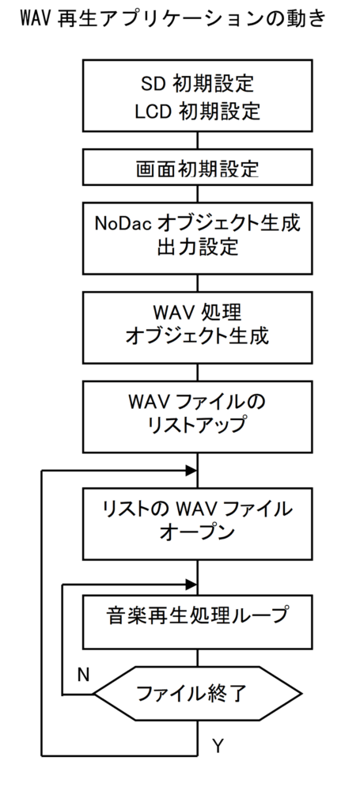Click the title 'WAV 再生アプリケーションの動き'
click(x=173, y=19)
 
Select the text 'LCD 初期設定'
click(x=197, y=112)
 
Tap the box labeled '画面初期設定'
click(x=197, y=167)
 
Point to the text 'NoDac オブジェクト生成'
click(x=197, y=224)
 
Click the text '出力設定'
click(x=197, y=247)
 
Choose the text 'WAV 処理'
click(x=197, y=312)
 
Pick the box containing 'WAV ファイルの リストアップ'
click(x=197, y=417)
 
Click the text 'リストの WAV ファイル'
click(x=197, y=509)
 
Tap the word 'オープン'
click(x=197, y=532)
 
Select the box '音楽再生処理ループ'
click(x=197, y=622)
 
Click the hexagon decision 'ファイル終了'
click(x=197, y=694)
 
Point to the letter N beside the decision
click(x=83, y=674)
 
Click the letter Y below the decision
click(x=218, y=745)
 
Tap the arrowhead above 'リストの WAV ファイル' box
click(x=191, y=471)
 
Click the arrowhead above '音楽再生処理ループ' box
click(x=191, y=585)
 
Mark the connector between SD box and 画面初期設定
click(x=197, y=140)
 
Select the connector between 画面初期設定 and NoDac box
click(x=197, y=194)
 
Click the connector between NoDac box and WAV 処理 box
click(x=197, y=283)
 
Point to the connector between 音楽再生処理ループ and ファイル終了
click(x=197, y=657)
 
